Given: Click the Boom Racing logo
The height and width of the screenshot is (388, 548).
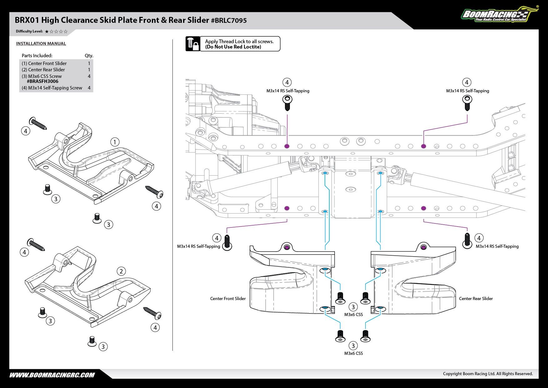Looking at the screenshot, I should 497,14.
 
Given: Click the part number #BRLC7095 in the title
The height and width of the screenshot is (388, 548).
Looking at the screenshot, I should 229,21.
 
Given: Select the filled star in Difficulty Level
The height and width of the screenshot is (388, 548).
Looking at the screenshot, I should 47,32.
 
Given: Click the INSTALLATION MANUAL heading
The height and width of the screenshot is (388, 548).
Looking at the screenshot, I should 41,43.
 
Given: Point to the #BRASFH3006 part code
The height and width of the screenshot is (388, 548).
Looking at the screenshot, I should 42,81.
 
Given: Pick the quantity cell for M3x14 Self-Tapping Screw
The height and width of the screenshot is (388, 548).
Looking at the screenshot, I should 89,88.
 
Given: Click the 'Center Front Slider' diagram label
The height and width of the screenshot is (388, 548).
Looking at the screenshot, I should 228,299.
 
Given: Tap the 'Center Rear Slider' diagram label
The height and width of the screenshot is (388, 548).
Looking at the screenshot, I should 476,299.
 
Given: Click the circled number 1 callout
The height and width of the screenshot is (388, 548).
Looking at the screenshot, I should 115,142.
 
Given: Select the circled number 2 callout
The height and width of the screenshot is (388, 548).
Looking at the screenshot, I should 121,271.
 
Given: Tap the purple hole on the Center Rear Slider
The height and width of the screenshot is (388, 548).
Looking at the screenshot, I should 423,248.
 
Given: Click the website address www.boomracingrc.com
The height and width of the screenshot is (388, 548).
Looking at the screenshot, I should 52,375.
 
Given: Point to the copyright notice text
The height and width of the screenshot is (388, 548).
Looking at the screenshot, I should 488,374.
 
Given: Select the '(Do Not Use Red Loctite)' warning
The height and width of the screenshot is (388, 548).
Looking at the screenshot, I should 233,47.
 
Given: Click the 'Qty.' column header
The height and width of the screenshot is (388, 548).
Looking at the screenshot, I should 89,56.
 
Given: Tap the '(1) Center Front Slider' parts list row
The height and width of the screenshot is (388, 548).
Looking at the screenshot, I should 44,64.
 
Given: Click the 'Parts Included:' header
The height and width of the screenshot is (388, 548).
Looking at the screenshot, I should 37,56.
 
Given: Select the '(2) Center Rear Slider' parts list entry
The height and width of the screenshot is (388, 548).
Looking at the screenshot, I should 43,70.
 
